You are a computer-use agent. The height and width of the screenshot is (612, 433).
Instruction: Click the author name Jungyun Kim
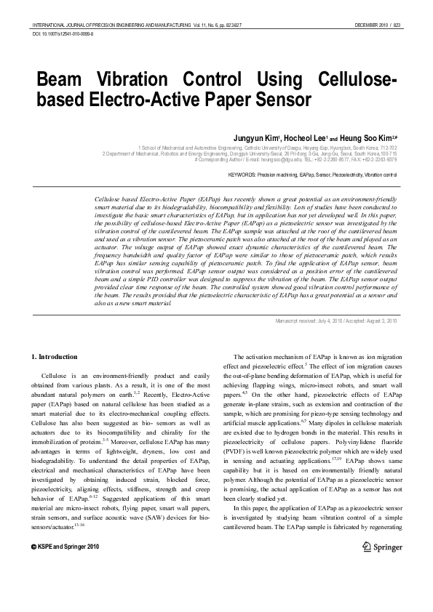click(x=274, y=137)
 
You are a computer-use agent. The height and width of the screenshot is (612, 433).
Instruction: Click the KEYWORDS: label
click(x=242, y=175)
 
